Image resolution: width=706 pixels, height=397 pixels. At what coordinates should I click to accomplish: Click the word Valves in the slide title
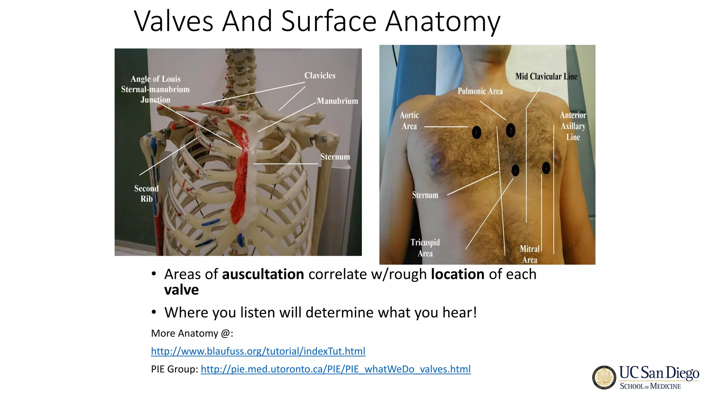coord(173,21)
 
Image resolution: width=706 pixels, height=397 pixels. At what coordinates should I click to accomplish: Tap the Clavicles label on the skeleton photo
coord(320,75)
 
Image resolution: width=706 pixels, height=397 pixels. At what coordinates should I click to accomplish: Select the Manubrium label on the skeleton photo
coord(337,101)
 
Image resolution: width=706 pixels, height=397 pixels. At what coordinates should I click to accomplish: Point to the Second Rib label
coord(147,193)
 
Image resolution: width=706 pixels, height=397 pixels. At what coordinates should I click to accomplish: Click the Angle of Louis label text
coord(155,79)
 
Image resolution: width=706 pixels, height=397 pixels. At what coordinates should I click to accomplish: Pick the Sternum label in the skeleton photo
coord(335,157)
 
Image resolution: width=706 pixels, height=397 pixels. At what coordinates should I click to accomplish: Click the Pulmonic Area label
coord(480,91)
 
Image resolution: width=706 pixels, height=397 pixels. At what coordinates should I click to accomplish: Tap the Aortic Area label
coord(409,121)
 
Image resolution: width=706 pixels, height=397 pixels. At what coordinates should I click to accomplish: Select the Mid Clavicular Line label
coord(546,77)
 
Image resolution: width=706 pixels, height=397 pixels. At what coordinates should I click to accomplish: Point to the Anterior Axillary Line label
coord(573,126)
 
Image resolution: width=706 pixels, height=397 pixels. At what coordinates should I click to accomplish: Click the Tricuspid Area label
coord(425,248)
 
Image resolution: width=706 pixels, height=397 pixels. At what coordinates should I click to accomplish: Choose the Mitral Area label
coord(529,254)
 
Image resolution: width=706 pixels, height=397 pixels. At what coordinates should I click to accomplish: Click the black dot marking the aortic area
coord(476,132)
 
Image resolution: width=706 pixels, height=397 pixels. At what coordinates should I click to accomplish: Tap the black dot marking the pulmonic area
coord(511,130)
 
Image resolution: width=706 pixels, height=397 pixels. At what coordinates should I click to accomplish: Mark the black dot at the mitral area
coord(546,168)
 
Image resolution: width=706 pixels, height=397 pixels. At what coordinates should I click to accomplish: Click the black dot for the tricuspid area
coord(515,170)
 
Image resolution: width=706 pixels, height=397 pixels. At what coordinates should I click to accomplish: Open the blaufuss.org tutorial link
coord(258,351)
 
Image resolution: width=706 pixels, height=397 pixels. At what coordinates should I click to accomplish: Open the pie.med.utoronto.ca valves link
coord(335,369)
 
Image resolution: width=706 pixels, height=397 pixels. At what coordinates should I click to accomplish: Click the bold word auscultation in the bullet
coord(263,274)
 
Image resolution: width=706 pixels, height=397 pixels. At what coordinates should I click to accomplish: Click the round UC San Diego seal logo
coord(604,377)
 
